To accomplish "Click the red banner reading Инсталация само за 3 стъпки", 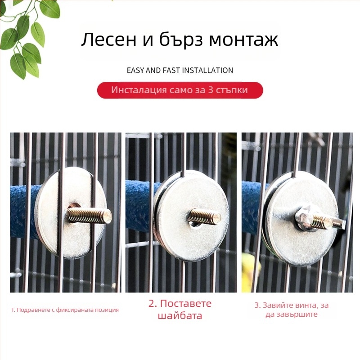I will point(180,90).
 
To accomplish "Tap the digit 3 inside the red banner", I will point(211,90).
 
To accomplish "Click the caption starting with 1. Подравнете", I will point(65,310).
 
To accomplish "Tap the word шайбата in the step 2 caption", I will point(180,315).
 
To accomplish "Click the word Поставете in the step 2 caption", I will point(185,303).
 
